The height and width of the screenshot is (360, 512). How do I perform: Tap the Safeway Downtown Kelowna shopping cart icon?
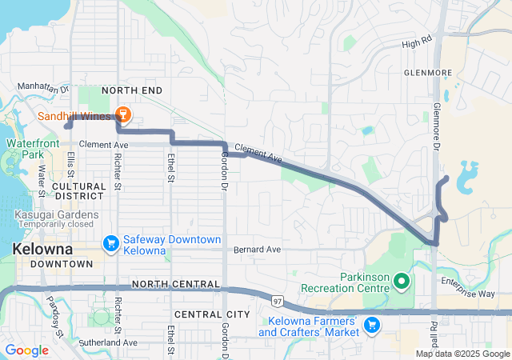pyautogui.click(x=111, y=242)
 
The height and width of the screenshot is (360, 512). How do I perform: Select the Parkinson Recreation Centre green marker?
pyautogui.click(x=402, y=281)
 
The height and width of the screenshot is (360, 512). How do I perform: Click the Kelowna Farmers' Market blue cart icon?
pyautogui.click(x=371, y=325)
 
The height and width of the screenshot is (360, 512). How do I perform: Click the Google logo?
pyautogui.click(x=26, y=350)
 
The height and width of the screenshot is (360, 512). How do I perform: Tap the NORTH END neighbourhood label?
pyautogui.click(x=131, y=90)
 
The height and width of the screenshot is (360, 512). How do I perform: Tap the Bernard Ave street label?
pyautogui.click(x=257, y=250)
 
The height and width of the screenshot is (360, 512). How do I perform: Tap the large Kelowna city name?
pyautogui.click(x=46, y=249)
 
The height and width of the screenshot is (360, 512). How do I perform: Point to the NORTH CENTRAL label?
pyautogui.click(x=175, y=284)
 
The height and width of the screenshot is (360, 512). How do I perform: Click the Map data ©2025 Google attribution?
pyautogui.click(x=462, y=354)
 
